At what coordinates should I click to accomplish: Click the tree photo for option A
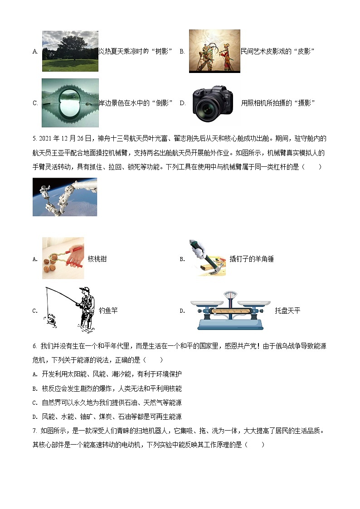click(70, 51)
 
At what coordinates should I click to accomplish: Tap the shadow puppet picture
click(214, 51)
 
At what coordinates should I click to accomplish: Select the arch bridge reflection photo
click(70, 103)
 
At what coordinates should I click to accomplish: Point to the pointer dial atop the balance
click(232, 295)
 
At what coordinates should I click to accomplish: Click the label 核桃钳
click(97, 259)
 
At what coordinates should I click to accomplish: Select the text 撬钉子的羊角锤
click(252, 259)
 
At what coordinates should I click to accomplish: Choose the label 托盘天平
click(287, 310)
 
